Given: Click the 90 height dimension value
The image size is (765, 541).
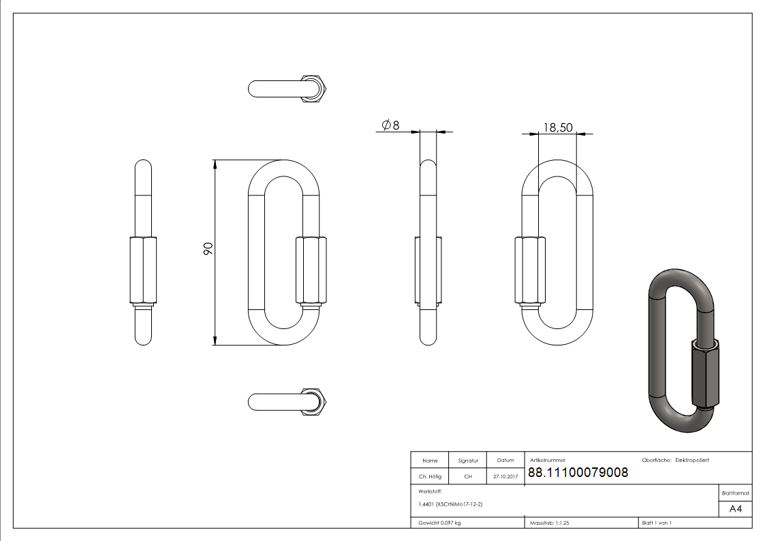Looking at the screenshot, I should click(208, 249).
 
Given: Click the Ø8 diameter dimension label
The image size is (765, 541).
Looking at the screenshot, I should click(390, 125).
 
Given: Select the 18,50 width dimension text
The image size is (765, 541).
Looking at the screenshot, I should click(557, 127).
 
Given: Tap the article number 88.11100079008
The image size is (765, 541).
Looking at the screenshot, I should click(578, 472).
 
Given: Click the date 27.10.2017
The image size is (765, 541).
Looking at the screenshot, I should click(505, 477).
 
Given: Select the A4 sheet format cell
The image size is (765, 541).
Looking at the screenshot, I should click(736, 508).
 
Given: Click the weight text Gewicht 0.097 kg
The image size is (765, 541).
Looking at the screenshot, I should click(440, 523).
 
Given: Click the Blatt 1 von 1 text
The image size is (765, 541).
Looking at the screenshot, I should click(657, 523).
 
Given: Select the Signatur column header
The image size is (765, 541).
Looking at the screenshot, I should click(468, 461).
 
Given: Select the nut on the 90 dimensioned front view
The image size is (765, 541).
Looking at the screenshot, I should click(311, 270).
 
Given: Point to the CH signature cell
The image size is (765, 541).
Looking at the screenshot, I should click(468, 477).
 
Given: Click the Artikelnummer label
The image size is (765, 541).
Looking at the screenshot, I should click(548, 461).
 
